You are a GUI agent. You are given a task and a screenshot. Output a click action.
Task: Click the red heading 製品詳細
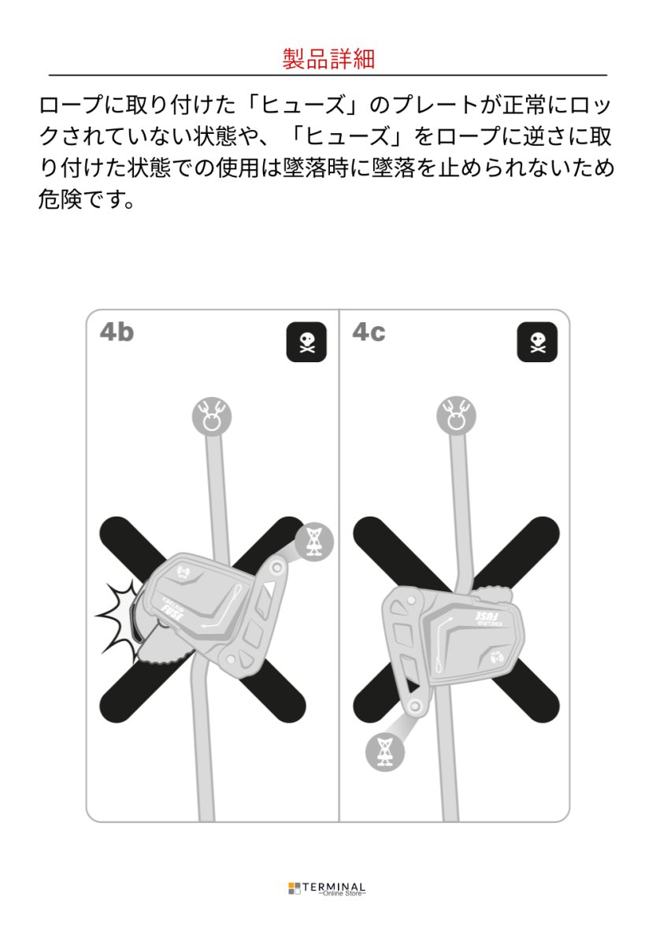point(328,59)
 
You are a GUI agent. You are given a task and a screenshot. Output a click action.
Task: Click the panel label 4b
point(117,332)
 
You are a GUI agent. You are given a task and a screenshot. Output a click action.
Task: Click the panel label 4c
point(369,332)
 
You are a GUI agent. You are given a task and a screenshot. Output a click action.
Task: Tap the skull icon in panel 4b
point(306,343)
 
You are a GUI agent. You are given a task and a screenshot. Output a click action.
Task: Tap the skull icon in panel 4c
point(536,343)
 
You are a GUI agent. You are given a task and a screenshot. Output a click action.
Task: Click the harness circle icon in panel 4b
point(314,541)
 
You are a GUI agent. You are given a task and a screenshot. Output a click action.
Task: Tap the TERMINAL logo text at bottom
point(342,885)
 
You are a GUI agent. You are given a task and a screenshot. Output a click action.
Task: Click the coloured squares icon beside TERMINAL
point(294,888)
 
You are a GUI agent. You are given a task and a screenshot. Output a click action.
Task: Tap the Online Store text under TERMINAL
point(342,894)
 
